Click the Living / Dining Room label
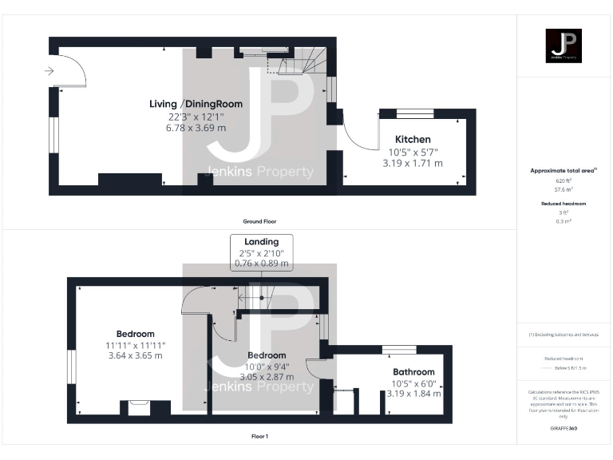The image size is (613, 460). (196, 104)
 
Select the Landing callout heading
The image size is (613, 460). (262, 241)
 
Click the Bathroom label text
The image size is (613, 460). (413, 371)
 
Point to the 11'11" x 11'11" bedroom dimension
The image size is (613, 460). (135, 345)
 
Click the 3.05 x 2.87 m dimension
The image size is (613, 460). (266, 376)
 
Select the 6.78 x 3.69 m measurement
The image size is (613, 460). (196, 127)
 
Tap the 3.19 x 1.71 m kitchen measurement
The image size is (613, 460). (413, 163)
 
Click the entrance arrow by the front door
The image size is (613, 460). (49, 71)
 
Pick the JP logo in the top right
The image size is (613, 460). (564, 46)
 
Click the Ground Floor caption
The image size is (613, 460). (259, 221)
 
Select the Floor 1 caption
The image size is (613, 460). (259, 437)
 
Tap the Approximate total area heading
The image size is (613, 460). (564, 170)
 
